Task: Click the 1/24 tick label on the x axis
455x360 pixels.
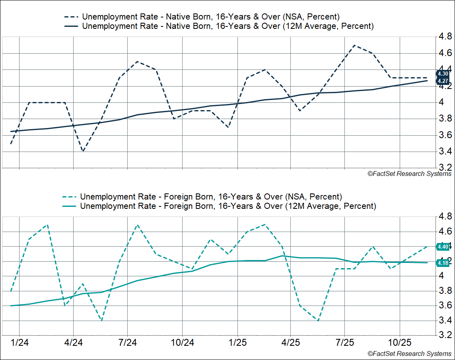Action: pos(19,342)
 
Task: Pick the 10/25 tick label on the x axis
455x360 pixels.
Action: pos(399,342)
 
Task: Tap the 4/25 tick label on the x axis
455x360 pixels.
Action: pos(290,342)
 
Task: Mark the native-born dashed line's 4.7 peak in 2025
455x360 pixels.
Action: pos(354,45)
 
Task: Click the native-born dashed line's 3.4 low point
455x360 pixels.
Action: pos(83,152)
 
